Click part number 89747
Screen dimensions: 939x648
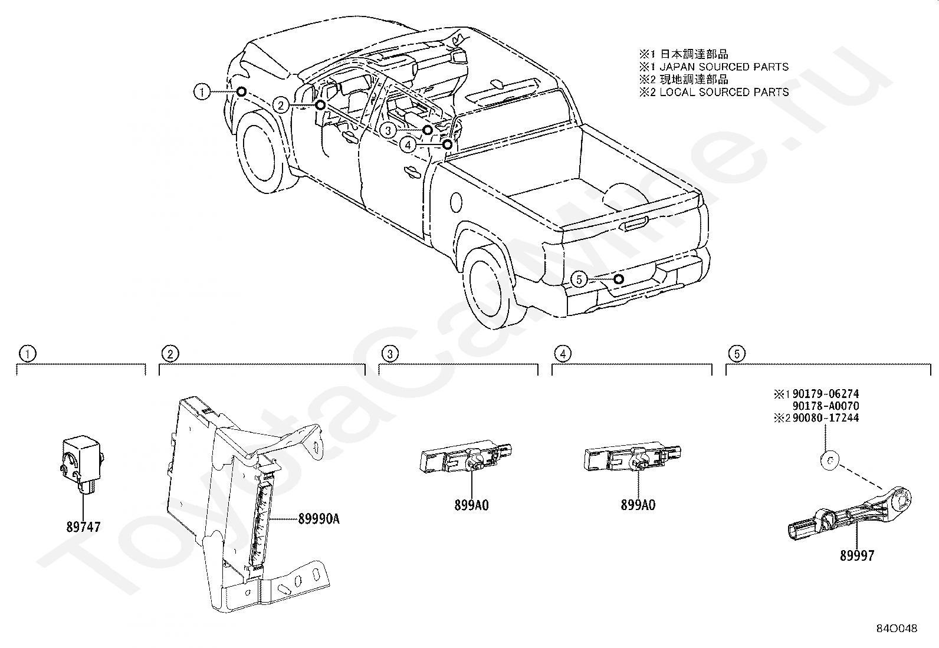pyautogui.click(x=83, y=527)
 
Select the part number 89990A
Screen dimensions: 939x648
pyautogui.click(x=319, y=519)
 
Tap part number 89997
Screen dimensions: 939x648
pyautogui.click(x=857, y=556)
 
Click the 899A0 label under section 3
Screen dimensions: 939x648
pyautogui.click(x=472, y=505)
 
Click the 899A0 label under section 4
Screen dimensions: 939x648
pyautogui.click(x=638, y=505)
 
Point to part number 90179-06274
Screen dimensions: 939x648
pyautogui.click(x=826, y=394)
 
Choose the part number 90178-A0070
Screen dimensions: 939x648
pyautogui.click(x=826, y=406)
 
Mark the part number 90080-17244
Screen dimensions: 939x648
pyautogui.click(x=826, y=418)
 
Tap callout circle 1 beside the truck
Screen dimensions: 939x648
pyautogui.click(x=202, y=91)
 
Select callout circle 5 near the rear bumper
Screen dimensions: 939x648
pyautogui.click(x=579, y=279)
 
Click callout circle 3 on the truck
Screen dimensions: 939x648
pyautogui.click(x=388, y=130)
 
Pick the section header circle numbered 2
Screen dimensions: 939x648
pyautogui.click(x=170, y=354)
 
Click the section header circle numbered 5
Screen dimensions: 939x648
pyautogui.click(x=737, y=354)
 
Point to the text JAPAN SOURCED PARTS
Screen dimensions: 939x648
pyautogui.click(x=724, y=67)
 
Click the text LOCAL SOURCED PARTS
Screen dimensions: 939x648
pyautogui.click(x=724, y=92)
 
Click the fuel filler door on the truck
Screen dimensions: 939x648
pyautogui.click(x=456, y=203)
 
